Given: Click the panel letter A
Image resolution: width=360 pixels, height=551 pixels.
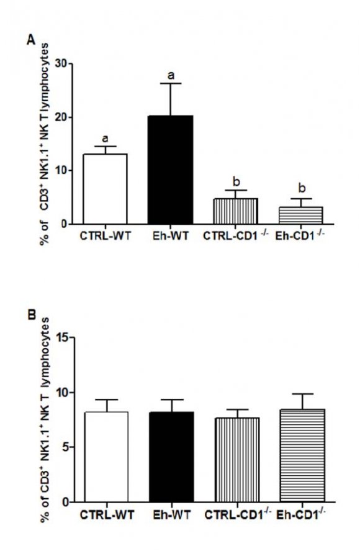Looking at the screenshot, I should click(x=30, y=39).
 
